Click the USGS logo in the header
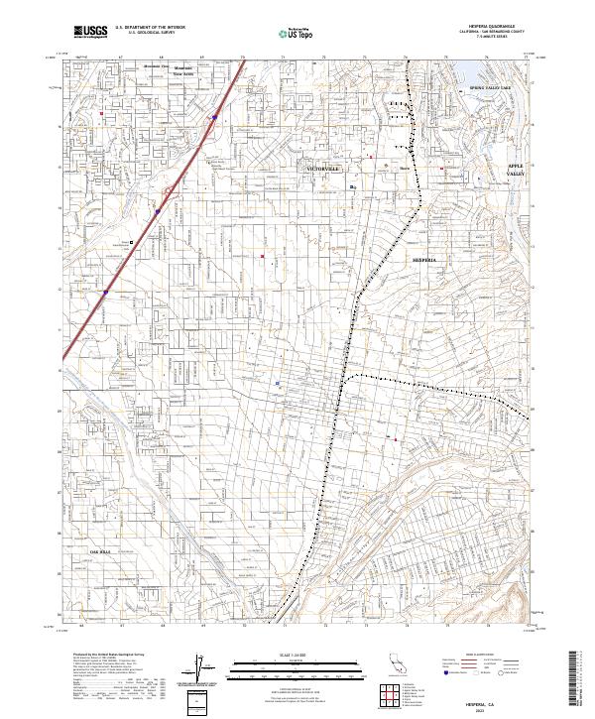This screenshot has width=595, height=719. (x=91, y=32)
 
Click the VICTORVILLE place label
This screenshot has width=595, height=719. (x=323, y=170)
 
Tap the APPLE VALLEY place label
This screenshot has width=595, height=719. (x=515, y=170)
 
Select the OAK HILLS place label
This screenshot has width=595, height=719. (x=102, y=550)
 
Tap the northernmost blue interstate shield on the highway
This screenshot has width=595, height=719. (x=213, y=118)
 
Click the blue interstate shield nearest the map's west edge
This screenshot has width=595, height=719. (x=104, y=293)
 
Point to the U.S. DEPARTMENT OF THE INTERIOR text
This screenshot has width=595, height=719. (x=150, y=27)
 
